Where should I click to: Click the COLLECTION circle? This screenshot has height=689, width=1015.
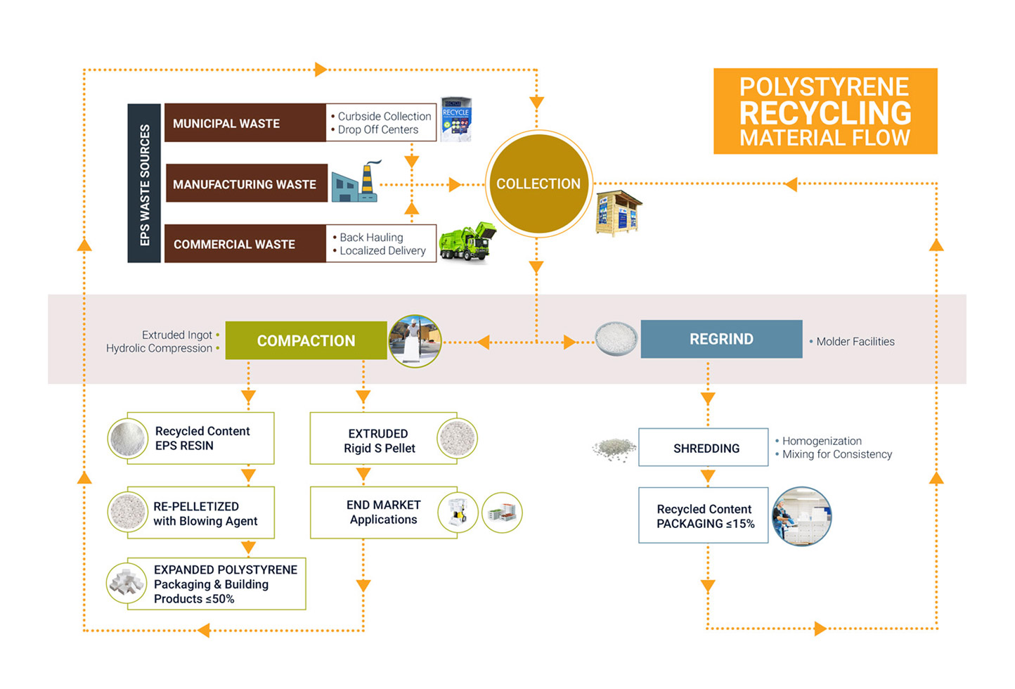coord(538,183)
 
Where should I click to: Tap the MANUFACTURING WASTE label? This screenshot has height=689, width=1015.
coord(245,184)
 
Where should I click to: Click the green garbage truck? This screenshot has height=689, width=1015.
coord(467,242)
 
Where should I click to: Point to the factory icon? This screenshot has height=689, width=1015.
coord(356,183)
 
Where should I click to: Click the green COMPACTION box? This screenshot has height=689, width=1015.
coord(306,340)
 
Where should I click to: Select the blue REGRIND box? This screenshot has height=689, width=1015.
coord(721,339)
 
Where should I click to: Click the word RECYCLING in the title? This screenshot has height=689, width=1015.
coord(825,112)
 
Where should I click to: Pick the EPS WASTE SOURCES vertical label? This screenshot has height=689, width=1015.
coord(145,184)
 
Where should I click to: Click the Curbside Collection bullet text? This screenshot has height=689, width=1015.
coord(384,116)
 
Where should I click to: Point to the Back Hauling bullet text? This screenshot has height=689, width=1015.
coord(371,238)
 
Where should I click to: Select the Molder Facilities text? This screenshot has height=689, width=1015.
coord(855,342)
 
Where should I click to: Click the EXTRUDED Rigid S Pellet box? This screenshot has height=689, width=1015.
coord(380,441)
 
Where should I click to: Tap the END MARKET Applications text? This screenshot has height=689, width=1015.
coord(383,513)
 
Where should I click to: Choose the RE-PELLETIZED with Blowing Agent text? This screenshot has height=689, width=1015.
coord(205,514)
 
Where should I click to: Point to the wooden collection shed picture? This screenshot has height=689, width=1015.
coord(619,212)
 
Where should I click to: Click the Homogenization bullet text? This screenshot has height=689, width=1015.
coord(822,441)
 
